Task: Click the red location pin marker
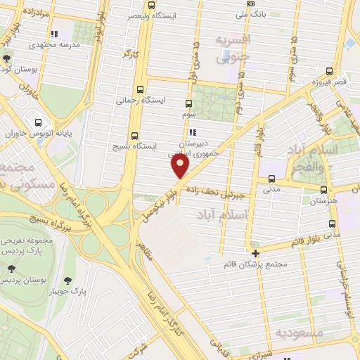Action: [180, 167]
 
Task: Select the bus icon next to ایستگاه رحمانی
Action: [141, 90]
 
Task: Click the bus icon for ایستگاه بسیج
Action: [134, 136]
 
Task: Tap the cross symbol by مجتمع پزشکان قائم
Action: [255, 253]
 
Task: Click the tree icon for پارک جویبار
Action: [67, 281]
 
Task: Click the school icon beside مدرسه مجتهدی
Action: [53, 33]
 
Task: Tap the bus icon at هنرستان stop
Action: [323, 190]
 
